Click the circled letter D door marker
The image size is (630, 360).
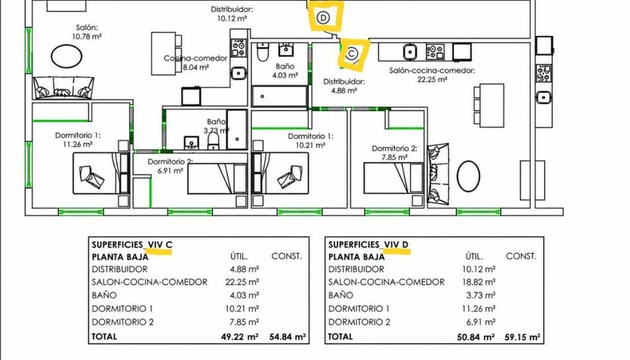tap(322, 18)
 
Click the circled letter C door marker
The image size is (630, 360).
tap(352, 53)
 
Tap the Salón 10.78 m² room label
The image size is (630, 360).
tap(86, 32)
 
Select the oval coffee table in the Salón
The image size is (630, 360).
tap(66, 55)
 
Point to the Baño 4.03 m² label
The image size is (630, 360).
tap(285, 70)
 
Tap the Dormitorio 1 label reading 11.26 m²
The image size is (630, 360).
tap(78, 140)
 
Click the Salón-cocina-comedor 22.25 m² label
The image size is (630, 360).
tap(432, 75)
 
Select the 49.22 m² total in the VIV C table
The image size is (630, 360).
tap(240, 337)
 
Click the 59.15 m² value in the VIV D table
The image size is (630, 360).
tap(522, 337)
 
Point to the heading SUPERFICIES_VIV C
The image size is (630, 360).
tap(132, 244)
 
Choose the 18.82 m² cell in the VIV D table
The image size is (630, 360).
tap(478, 282)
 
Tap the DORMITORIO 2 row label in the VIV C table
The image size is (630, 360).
tap(122, 322)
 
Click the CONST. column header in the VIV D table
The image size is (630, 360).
tap(521, 256)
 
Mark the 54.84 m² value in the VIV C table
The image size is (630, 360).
tap(288, 337)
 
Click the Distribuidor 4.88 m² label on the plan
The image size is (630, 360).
tap(344, 86)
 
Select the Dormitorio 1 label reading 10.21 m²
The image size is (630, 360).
tap(310, 141)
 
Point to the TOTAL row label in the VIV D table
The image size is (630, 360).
tap(340, 337)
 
